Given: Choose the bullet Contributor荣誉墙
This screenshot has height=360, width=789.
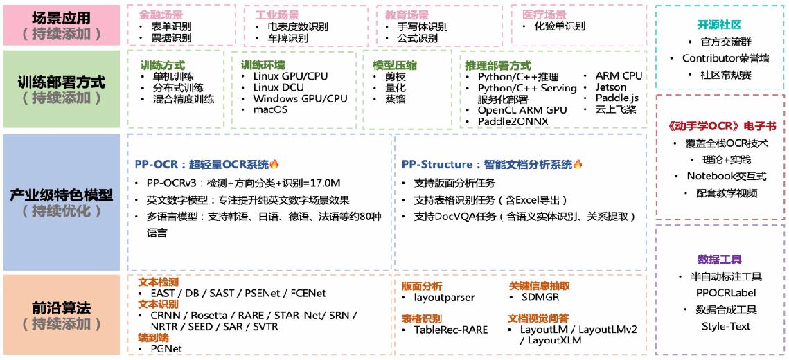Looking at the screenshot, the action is click(x=725, y=58).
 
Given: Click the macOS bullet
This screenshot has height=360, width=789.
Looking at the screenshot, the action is click(x=270, y=109).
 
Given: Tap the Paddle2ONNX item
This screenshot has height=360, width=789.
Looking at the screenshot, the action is click(x=513, y=122).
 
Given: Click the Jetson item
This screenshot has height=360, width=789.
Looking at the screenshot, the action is click(x=611, y=87).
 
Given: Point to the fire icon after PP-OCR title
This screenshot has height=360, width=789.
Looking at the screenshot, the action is click(x=274, y=164).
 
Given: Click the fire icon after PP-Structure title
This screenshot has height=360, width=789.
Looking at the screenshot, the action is click(x=577, y=164).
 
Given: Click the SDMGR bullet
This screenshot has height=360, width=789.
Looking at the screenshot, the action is click(x=540, y=298).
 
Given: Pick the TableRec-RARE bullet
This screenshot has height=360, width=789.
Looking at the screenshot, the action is click(x=451, y=330).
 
